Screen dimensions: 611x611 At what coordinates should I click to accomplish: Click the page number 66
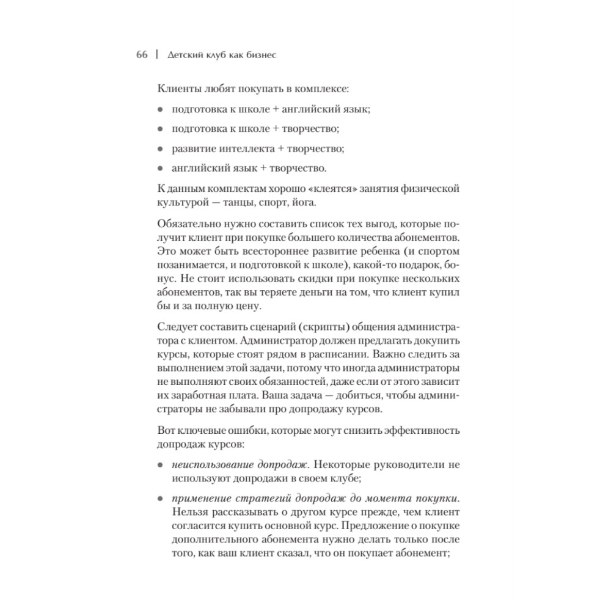[x=142, y=56]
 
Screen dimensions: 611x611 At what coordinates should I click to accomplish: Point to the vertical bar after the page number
[x=157, y=56]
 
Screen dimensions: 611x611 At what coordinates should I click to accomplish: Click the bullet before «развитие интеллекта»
[x=160, y=148]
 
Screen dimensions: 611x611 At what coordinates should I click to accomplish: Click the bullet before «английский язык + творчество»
[x=160, y=168]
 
